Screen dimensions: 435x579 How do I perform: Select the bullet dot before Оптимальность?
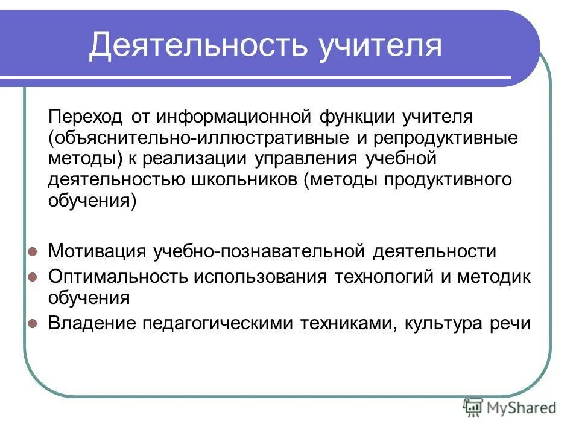(34, 276)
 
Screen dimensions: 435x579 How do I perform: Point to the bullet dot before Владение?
(34, 323)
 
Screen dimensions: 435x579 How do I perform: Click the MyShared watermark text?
(522, 408)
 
